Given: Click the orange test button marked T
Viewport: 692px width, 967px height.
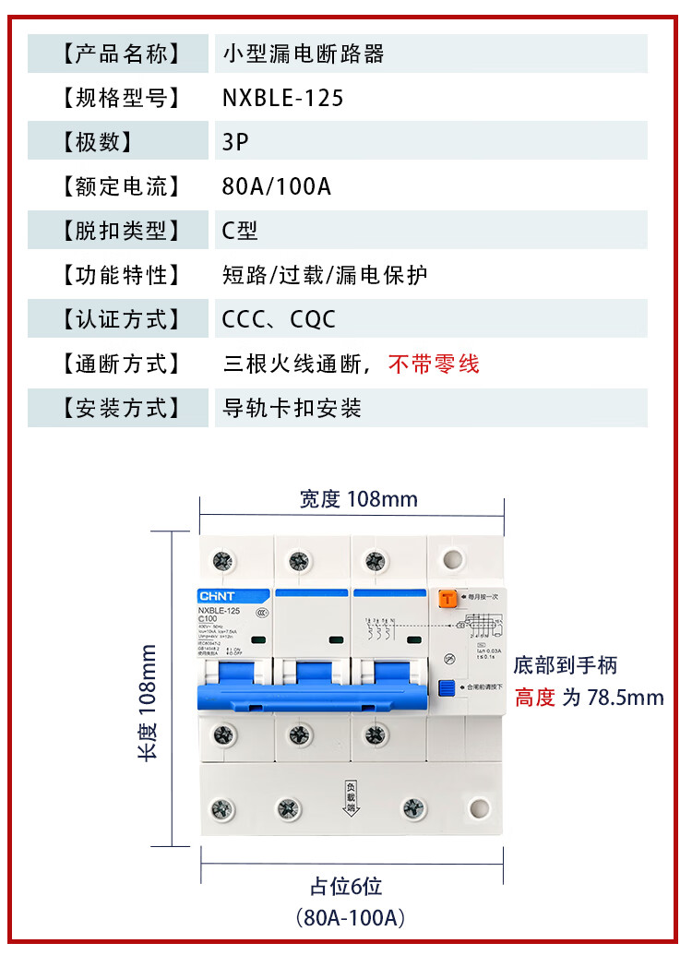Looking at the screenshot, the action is (448, 599).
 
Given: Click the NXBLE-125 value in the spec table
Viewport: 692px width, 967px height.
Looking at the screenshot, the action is (282, 98).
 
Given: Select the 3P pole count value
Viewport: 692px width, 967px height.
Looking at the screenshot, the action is (235, 142).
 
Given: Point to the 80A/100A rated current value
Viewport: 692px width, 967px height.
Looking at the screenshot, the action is (276, 186).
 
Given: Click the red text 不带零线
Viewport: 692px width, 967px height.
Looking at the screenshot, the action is (434, 364).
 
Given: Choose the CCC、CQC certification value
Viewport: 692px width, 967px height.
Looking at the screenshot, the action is (279, 319).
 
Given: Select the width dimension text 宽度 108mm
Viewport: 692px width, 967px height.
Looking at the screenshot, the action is (358, 499).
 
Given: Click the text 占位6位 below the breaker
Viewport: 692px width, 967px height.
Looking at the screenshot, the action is (345, 887).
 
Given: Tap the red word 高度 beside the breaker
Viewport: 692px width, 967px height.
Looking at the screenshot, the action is (535, 697).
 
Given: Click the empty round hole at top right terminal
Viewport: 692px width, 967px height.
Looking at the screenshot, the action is (451, 560).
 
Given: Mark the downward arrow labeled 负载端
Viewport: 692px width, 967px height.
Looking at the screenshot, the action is (351, 794).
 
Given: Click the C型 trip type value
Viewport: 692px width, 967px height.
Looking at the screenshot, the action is (240, 231).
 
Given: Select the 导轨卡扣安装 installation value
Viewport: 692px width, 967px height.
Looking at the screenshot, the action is (292, 408).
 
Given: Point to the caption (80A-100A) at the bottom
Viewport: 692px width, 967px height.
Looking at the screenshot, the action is (351, 918).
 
